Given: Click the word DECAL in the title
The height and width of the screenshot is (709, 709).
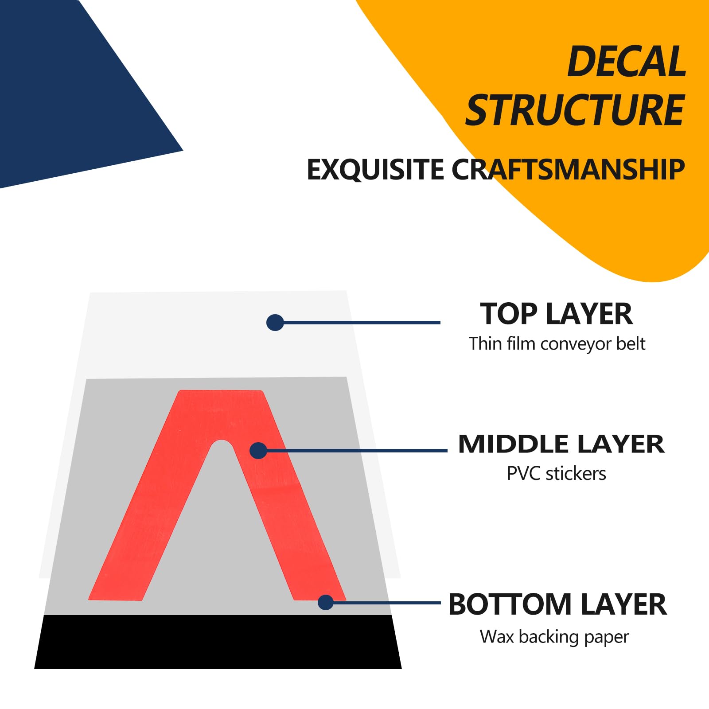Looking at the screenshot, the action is (627, 62).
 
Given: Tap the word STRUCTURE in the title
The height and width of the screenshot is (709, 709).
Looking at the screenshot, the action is (575, 110).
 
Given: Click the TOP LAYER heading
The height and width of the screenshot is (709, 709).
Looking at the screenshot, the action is (556, 314).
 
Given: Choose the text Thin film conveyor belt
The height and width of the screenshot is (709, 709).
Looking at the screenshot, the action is (557, 344).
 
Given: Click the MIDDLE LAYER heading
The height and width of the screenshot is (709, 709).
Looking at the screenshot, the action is (561, 444).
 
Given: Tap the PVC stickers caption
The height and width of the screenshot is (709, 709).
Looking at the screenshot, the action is (556, 474).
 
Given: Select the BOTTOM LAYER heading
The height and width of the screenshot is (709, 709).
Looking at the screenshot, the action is (557, 604).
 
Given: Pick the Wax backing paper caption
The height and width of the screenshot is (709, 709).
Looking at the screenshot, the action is (554, 637).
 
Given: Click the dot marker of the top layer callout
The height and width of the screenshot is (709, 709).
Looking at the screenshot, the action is (275, 323).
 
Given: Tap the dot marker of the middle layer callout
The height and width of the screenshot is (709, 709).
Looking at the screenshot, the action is (258, 451).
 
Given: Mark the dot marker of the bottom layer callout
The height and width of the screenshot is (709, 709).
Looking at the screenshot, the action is (326, 602).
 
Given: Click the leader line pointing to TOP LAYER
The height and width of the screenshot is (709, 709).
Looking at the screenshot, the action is (361, 323).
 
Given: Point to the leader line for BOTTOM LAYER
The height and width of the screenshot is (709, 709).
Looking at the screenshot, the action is (386, 603).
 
